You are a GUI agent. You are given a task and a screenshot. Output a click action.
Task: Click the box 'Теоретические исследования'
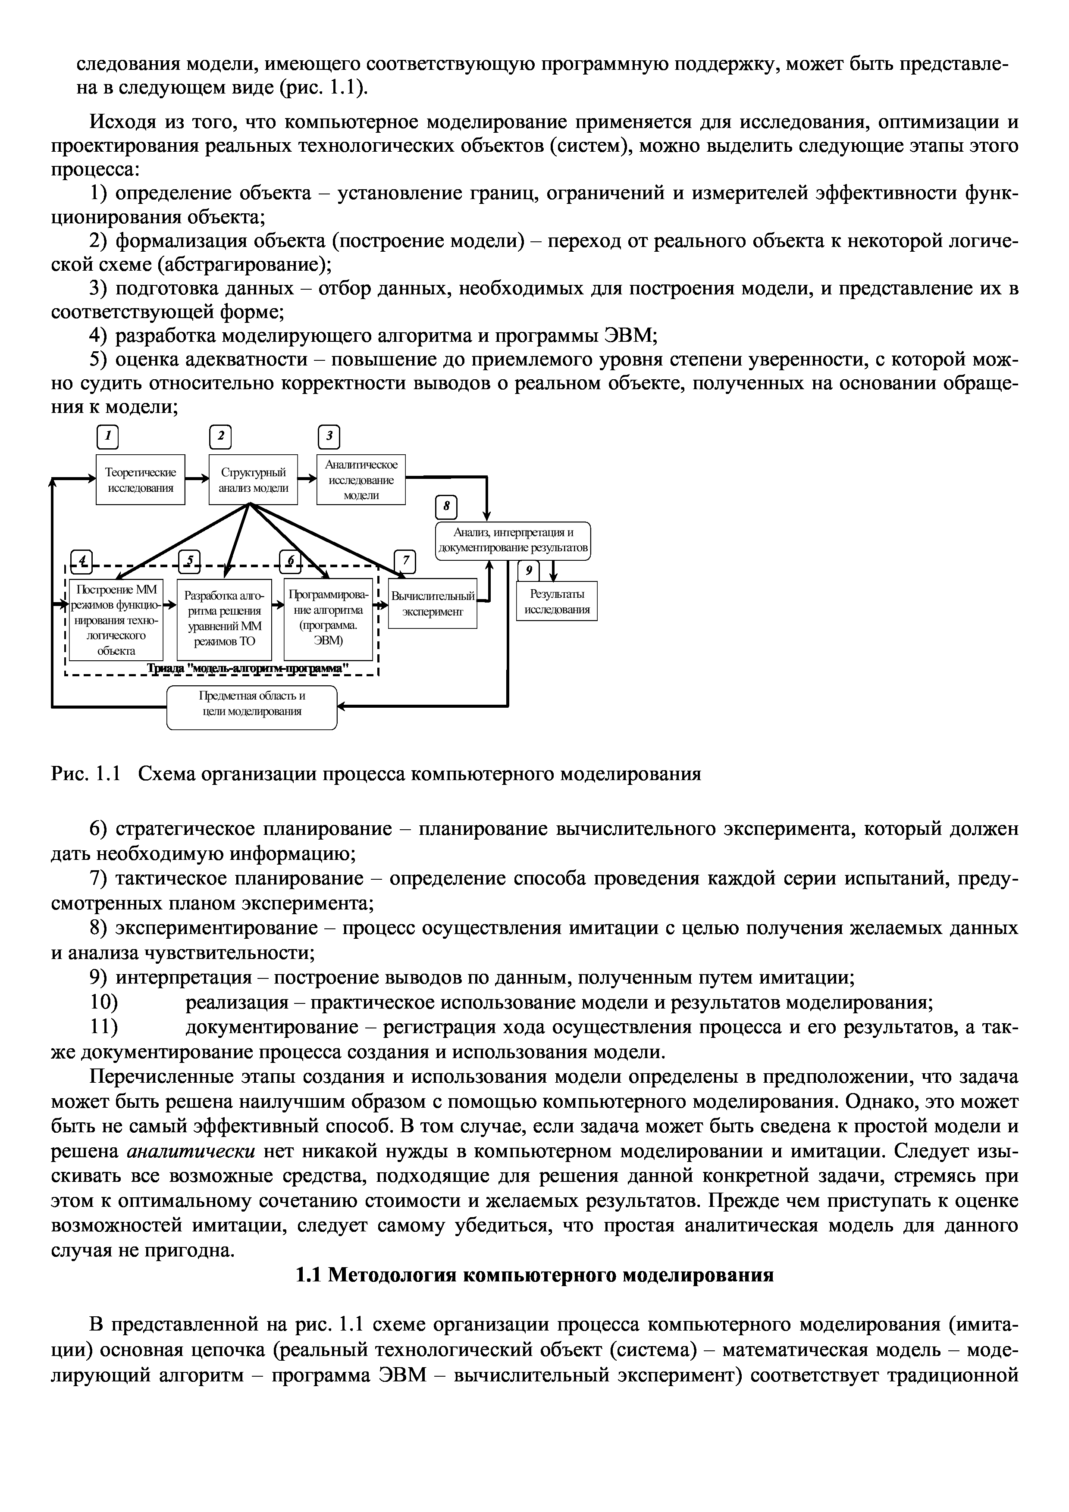click(x=140, y=479)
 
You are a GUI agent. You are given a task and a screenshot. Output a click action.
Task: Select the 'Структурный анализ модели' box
click(x=253, y=479)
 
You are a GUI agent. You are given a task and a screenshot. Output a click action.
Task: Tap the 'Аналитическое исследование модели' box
click(x=361, y=479)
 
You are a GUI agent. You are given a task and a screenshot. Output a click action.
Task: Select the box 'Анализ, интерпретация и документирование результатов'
click(x=513, y=540)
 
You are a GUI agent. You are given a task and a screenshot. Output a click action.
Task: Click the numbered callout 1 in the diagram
click(x=108, y=436)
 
